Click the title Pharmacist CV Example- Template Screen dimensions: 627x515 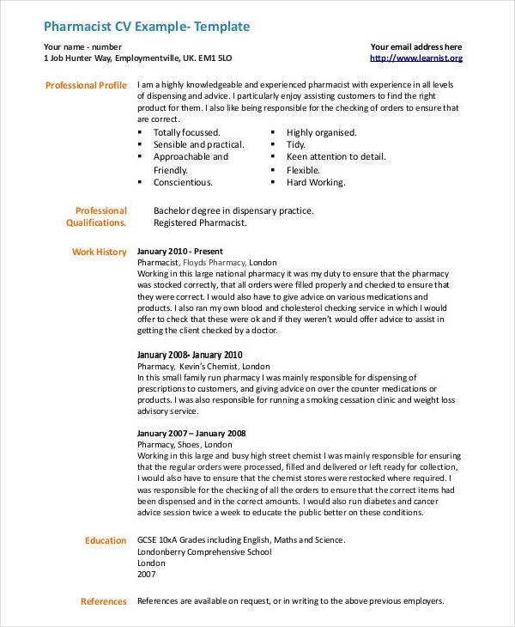[146, 27]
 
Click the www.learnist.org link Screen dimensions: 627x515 [415, 58]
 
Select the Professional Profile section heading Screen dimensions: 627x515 [86, 85]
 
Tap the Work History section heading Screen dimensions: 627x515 [99, 252]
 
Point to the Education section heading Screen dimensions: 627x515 [106, 540]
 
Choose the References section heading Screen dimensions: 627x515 [103, 601]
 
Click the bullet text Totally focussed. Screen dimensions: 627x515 [187, 132]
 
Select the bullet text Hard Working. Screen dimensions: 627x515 [316, 182]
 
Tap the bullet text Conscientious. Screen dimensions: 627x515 [183, 182]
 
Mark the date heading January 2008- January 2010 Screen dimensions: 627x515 [190, 355]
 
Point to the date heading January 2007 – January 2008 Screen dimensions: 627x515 [191, 433]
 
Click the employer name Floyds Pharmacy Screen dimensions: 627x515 [213, 262]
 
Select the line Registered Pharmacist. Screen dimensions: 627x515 [200, 222]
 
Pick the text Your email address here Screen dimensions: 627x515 [416, 47]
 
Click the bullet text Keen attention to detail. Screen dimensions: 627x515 [336, 157]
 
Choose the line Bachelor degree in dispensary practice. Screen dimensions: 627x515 [233, 210]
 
